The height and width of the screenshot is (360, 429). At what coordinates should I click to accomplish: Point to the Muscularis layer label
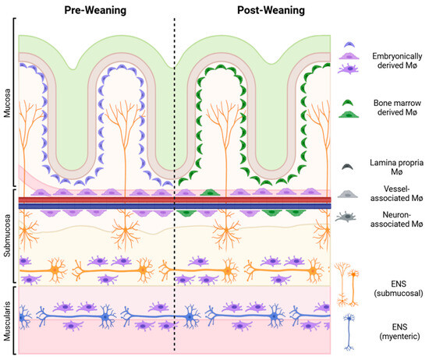coord(7,318)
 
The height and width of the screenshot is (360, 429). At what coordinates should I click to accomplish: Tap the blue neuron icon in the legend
coord(347,328)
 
